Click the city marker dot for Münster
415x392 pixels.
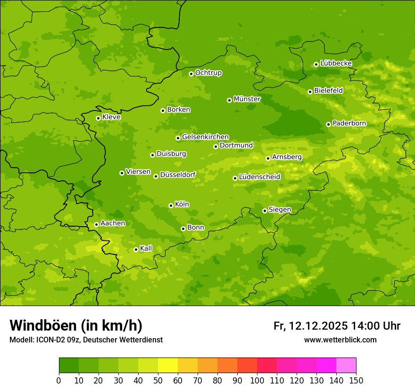pyautogui.click(x=229, y=100)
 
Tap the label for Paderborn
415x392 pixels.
pyautogui.click(x=349, y=123)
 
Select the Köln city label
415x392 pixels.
pyautogui.click(x=182, y=205)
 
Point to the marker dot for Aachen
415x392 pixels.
pyautogui.click(x=96, y=224)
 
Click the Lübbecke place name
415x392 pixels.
pyautogui.click(x=336, y=63)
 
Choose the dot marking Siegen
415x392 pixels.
pyautogui.click(x=265, y=211)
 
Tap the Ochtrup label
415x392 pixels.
pyautogui.click(x=208, y=73)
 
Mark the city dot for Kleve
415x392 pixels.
pyautogui.click(x=98, y=118)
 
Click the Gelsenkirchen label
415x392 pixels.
pyautogui.click(x=205, y=137)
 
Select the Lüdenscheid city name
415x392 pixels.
pyautogui.click(x=259, y=177)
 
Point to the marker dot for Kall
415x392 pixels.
pyautogui.click(x=136, y=249)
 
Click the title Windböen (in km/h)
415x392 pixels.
pyautogui.click(x=75, y=325)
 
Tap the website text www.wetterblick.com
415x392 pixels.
pyautogui.click(x=340, y=340)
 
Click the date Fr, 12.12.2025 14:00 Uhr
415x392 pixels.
pyautogui.click(x=337, y=326)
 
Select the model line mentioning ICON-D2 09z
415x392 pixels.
pyautogui.click(x=86, y=340)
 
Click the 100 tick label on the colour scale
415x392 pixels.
pyautogui.click(x=257, y=380)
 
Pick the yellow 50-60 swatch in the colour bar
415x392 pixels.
pyautogui.click(x=168, y=366)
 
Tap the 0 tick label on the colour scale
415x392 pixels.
pyautogui.click(x=59, y=380)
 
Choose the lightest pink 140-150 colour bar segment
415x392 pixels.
pyautogui.click(x=346, y=366)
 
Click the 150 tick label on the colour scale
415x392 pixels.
pyautogui.click(x=356, y=380)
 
